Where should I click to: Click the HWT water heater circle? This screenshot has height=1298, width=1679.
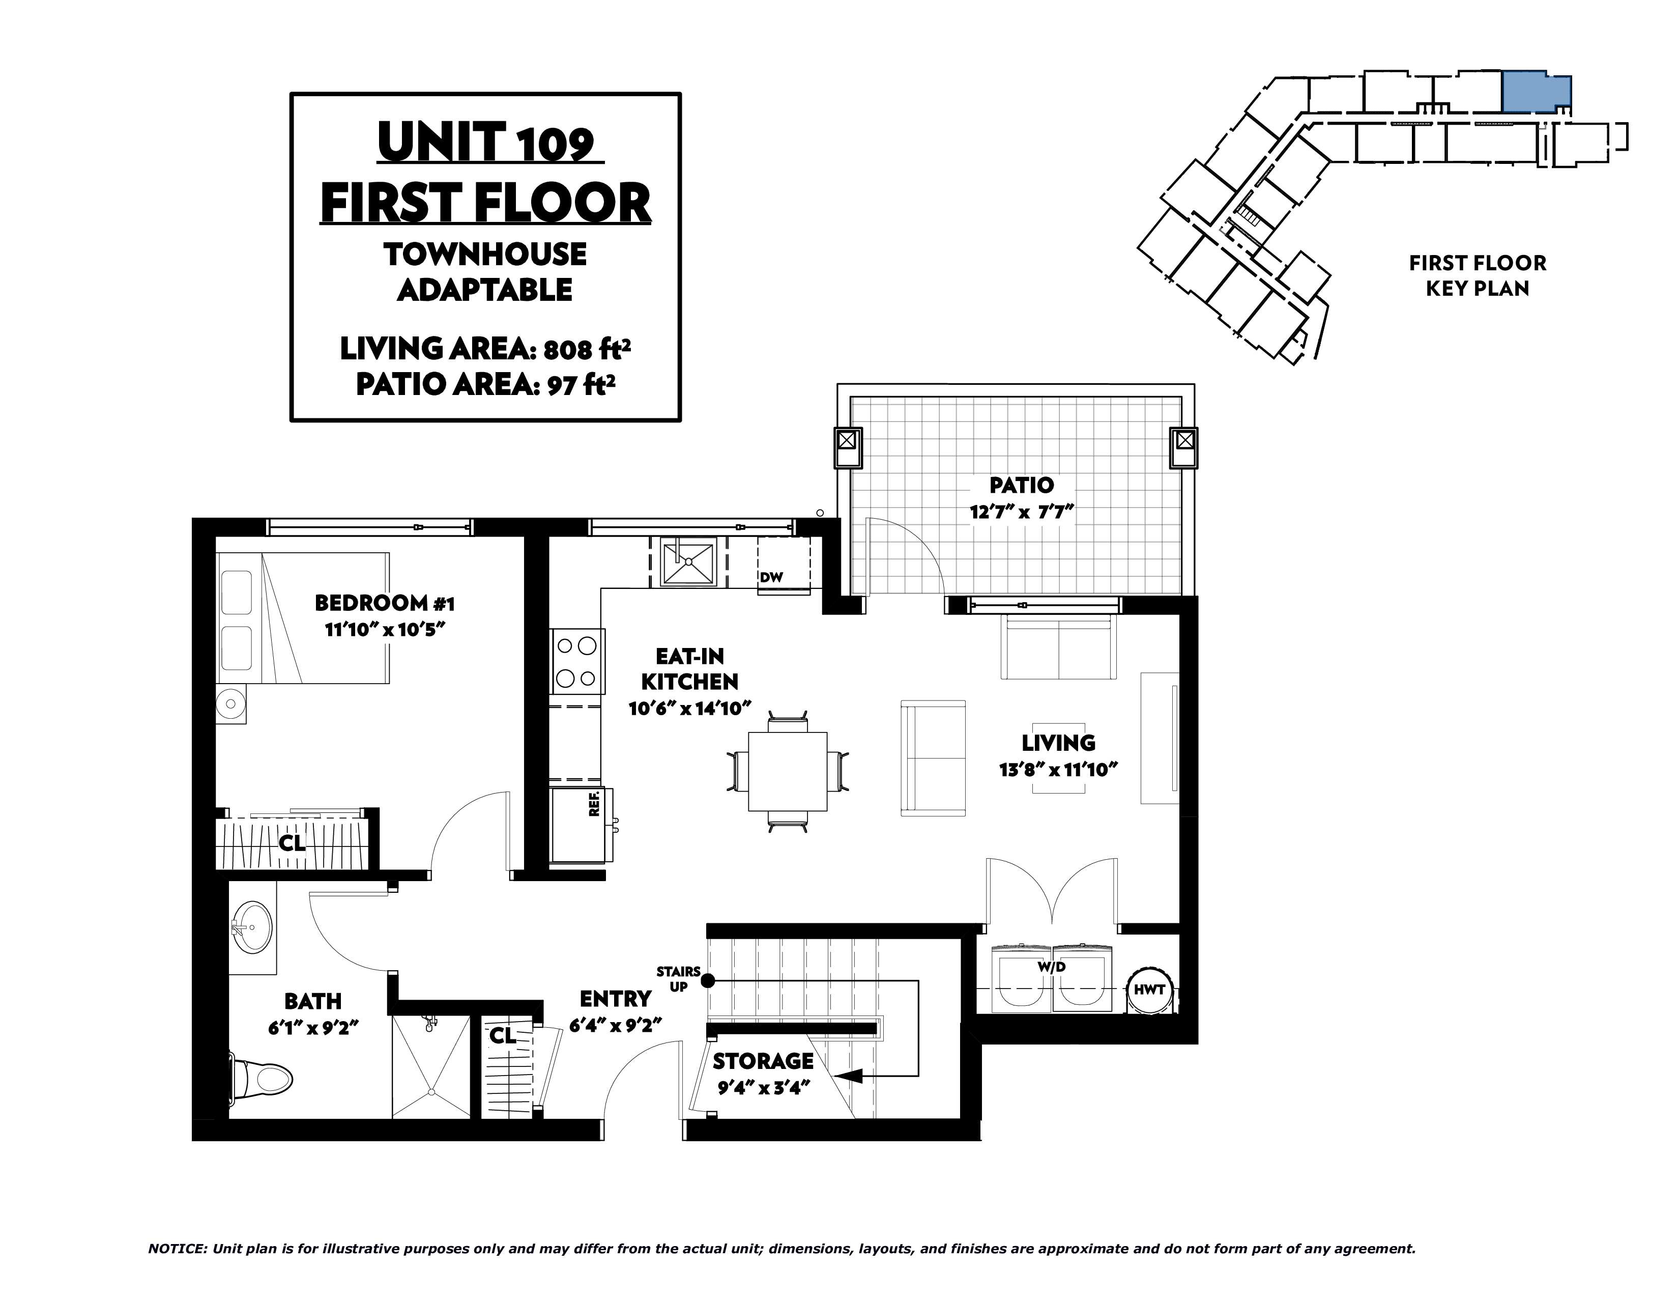point(1149,990)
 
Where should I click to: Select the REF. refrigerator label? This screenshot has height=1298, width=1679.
point(593,804)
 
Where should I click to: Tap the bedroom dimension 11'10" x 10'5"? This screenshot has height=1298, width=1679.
point(385,630)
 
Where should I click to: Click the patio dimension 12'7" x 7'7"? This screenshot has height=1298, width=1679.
point(1021,512)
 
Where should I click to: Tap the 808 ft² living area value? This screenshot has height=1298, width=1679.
point(587,349)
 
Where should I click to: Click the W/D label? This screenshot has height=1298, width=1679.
point(1051,967)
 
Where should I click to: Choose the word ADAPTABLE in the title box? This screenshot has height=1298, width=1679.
point(485,290)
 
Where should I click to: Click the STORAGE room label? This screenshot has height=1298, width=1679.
point(763,1061)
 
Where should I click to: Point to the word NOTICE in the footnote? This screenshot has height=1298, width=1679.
point(177,1249)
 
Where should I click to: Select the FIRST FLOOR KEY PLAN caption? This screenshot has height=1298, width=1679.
point(1477,275)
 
